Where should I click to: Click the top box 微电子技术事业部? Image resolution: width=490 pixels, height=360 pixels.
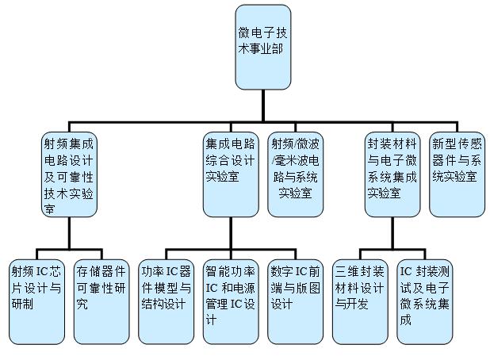[268, 47]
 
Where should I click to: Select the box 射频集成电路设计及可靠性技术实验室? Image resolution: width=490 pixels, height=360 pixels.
[69, 175]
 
